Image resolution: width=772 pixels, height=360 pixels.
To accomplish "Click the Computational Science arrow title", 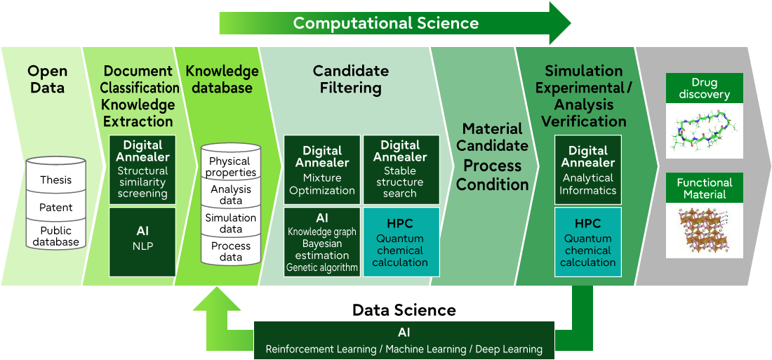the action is [x=385, y=23].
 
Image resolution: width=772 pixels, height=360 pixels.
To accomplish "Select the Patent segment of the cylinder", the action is [x=55, y=208].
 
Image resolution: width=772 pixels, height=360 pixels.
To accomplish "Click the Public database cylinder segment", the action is [x=55, y=236].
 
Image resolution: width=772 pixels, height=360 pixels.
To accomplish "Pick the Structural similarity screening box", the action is [x=142, y=169].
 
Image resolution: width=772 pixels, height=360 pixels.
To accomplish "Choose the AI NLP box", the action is [x=142, y=242].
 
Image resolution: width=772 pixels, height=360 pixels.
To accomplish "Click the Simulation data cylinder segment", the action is [x=230, y=223].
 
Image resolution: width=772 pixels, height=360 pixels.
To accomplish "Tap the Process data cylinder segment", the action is [x=230, y=251].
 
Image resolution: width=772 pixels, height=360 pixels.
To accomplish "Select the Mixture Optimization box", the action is [x=322, y=169].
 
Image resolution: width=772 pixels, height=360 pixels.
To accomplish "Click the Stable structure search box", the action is [x=400, y=169].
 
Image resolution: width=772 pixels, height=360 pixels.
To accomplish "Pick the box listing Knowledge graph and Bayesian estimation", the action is [x=322, y=242].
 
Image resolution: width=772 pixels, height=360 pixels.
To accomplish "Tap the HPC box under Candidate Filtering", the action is [x=400, y=242].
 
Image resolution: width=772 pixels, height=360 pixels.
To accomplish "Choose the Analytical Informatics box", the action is [x=588, y=169].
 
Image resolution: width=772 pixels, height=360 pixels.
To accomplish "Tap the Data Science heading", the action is [x=404, y=310].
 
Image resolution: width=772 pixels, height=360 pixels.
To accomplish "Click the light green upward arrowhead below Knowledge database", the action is [x=216, y=300].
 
